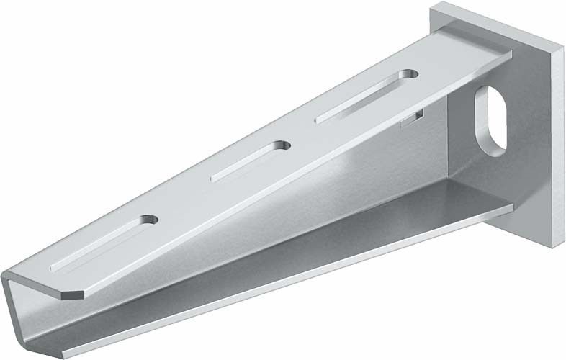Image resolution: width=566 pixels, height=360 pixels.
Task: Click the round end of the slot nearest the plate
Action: (408, 74)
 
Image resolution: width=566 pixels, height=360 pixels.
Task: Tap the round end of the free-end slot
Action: (149, 219)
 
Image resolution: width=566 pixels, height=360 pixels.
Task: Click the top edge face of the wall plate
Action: (497, 22)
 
